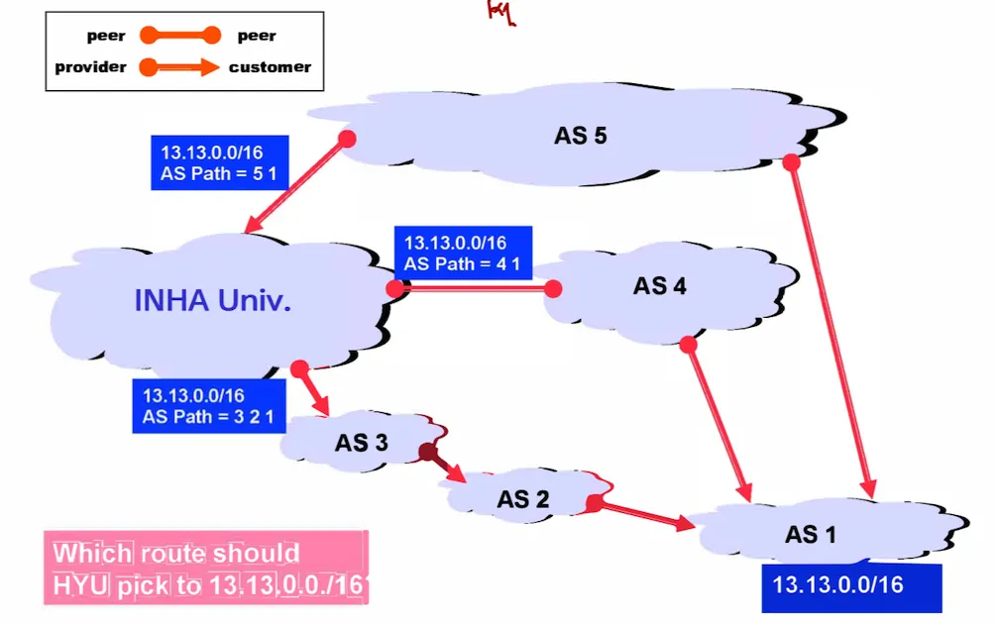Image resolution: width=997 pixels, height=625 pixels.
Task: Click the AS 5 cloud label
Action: (580, 136)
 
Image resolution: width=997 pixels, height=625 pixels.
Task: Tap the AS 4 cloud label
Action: (659, 286)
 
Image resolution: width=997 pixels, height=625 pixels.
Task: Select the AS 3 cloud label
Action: (361, 443)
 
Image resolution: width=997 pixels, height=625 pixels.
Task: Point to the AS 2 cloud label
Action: (522, 499)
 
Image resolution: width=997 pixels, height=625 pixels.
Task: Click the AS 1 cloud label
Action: (810, 535)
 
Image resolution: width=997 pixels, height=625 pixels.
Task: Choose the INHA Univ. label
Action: (213, 301)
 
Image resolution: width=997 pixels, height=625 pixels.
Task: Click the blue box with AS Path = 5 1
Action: (219, 163)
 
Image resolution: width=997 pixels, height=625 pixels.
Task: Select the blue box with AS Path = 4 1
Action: (462, 254)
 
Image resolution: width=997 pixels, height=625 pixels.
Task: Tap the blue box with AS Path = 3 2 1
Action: (208, 406)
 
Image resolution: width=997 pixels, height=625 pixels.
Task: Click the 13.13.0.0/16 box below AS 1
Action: (850, 585)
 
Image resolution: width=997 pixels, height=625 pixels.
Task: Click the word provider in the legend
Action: (90, 67)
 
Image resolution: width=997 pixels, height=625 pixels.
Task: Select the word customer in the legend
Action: (270, 67)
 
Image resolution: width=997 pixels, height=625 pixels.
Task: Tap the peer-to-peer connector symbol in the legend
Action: (179, 37)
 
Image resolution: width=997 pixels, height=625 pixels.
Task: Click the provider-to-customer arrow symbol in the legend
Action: (179, 67)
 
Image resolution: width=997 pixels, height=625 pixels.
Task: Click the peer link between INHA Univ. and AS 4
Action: (474, 288)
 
